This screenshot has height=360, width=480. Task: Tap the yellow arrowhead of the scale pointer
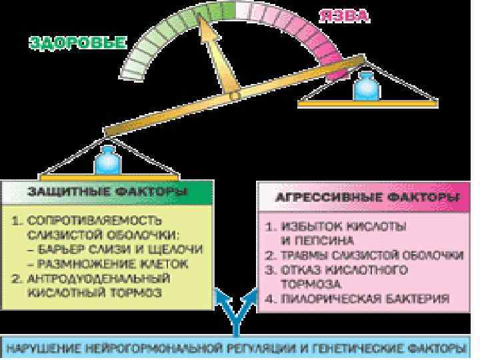(x=211, y=32)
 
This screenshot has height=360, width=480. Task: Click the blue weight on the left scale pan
(x=106, y=161)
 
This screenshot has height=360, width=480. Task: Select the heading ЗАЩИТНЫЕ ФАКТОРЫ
(x=106, y=193)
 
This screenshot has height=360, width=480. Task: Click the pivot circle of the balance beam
(x=235, y=97)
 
